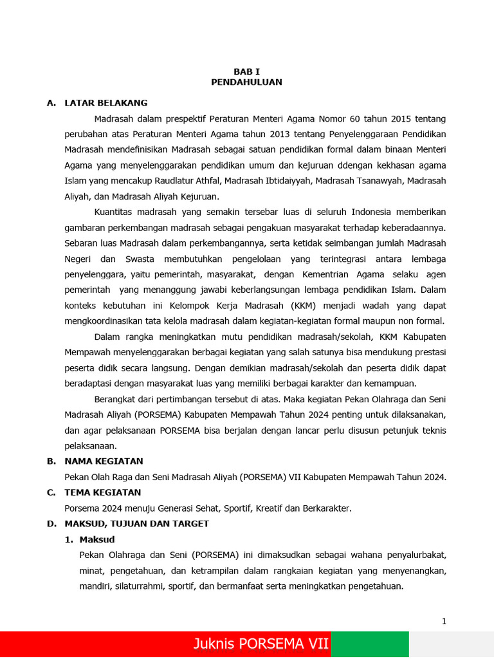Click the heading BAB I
[246, 71]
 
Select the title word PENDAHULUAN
[246, 82]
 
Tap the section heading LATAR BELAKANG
[105, 103]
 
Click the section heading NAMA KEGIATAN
[104, 461]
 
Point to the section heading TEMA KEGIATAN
[102, 492]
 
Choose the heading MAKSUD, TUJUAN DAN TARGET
[136, 524]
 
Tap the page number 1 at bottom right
[444, 621]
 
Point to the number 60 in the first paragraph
[356, 118]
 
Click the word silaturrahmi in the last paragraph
[143, 586]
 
